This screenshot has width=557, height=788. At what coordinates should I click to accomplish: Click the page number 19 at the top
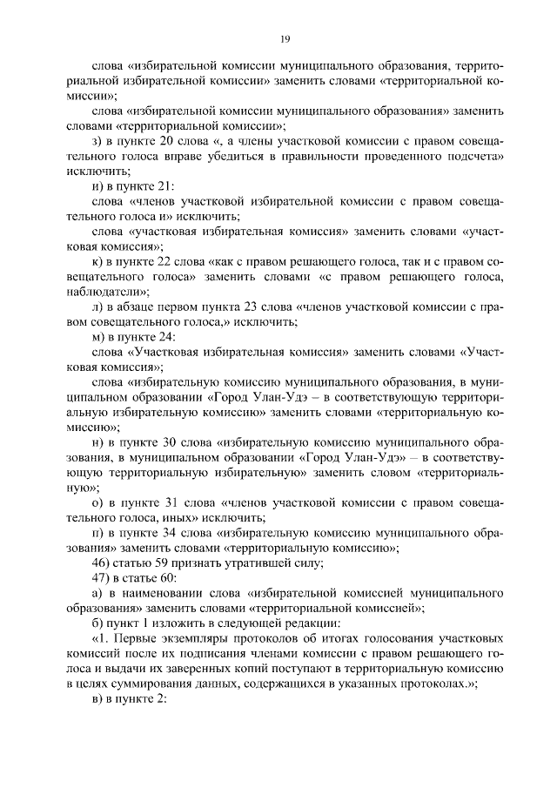point(285,37)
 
